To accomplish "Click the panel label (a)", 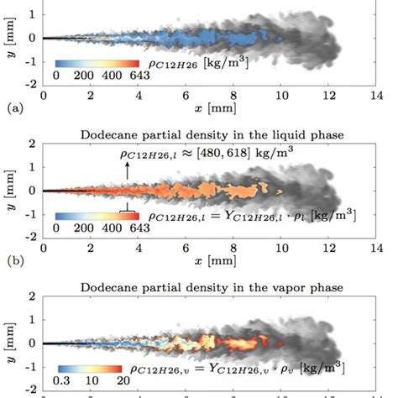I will pos(12,108).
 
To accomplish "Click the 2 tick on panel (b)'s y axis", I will pos(33,144).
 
